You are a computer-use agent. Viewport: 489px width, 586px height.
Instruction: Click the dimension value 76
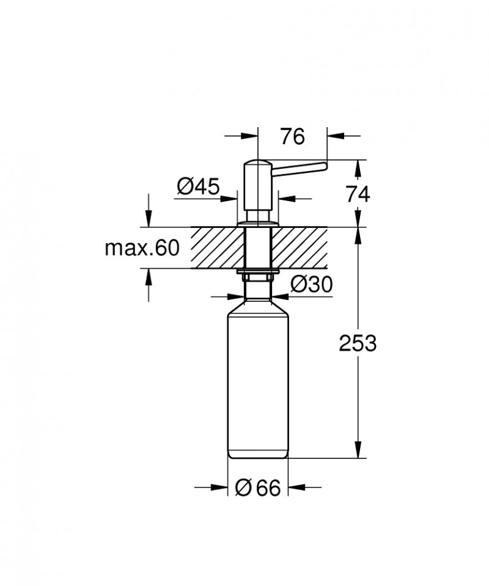[292, 137]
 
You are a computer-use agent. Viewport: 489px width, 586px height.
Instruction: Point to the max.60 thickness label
[142, 248]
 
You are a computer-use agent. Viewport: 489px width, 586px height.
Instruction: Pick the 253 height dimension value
[358, 343]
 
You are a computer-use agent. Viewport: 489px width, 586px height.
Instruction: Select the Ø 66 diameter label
[257, 488]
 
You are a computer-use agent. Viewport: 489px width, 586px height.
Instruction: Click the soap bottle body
[257, 379]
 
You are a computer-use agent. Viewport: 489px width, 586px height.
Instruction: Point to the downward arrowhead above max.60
[147, 220]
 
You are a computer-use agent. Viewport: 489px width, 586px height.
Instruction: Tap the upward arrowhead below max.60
[147, 276]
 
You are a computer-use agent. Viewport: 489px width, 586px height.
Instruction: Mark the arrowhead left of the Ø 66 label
[219, 487]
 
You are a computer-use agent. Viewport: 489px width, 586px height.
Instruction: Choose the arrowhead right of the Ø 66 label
[296, 487]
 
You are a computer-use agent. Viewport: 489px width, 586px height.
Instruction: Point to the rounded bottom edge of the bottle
[257, 456]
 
